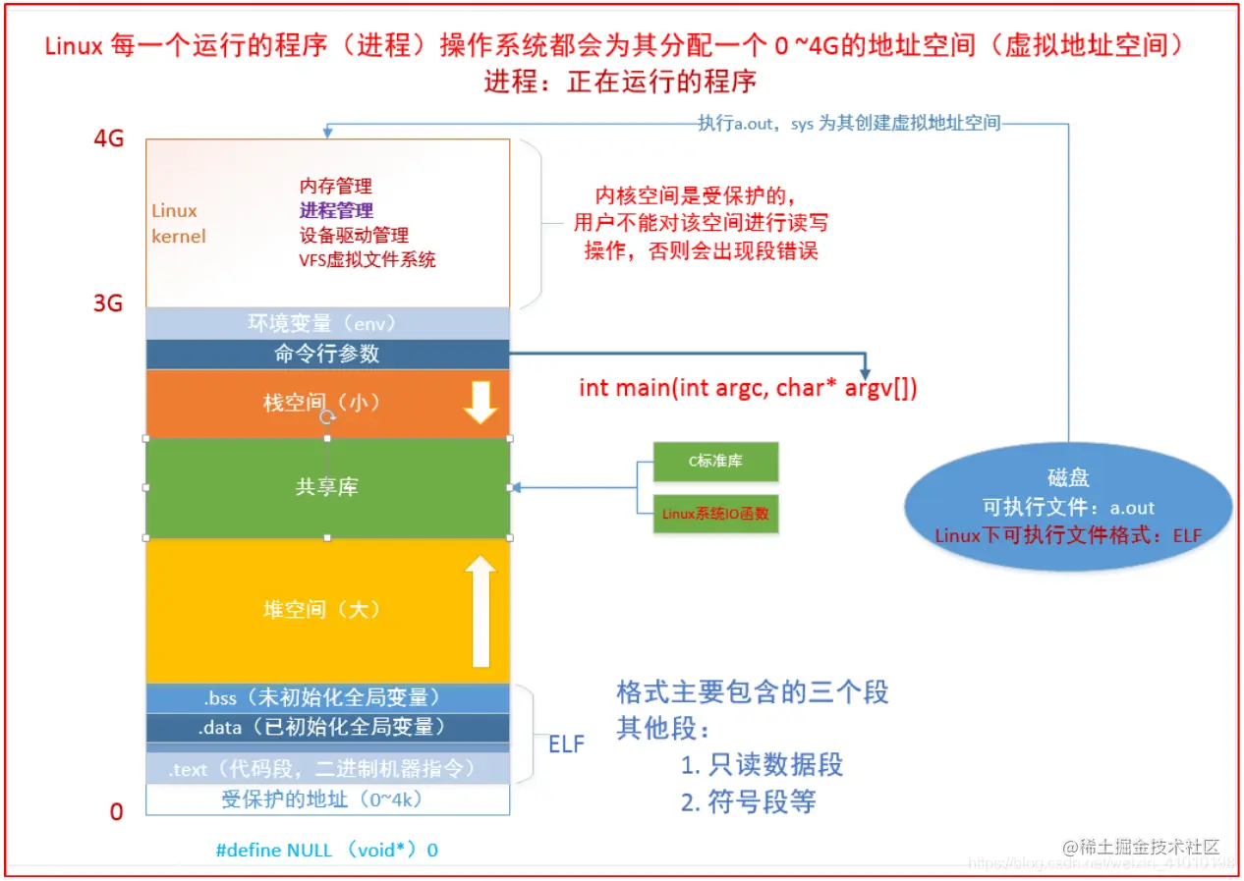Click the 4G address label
point(109,138)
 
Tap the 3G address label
point(108,303)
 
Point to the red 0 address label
point(116,812)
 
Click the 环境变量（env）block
point(327,323)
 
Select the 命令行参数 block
point(327,354)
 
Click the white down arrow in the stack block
point(481,403)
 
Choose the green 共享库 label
point(326,487)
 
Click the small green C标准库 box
point(715,462)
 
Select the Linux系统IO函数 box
point(715,514)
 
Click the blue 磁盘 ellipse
point(1068,507)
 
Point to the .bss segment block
point(327,697)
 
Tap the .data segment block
point(327,728)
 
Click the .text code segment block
point(327,769)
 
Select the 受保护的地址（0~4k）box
point(327,800)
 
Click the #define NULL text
point(327,851)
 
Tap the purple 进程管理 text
point(336,211)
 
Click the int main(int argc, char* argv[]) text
point(749,388)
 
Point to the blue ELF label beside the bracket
point(566,744)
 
